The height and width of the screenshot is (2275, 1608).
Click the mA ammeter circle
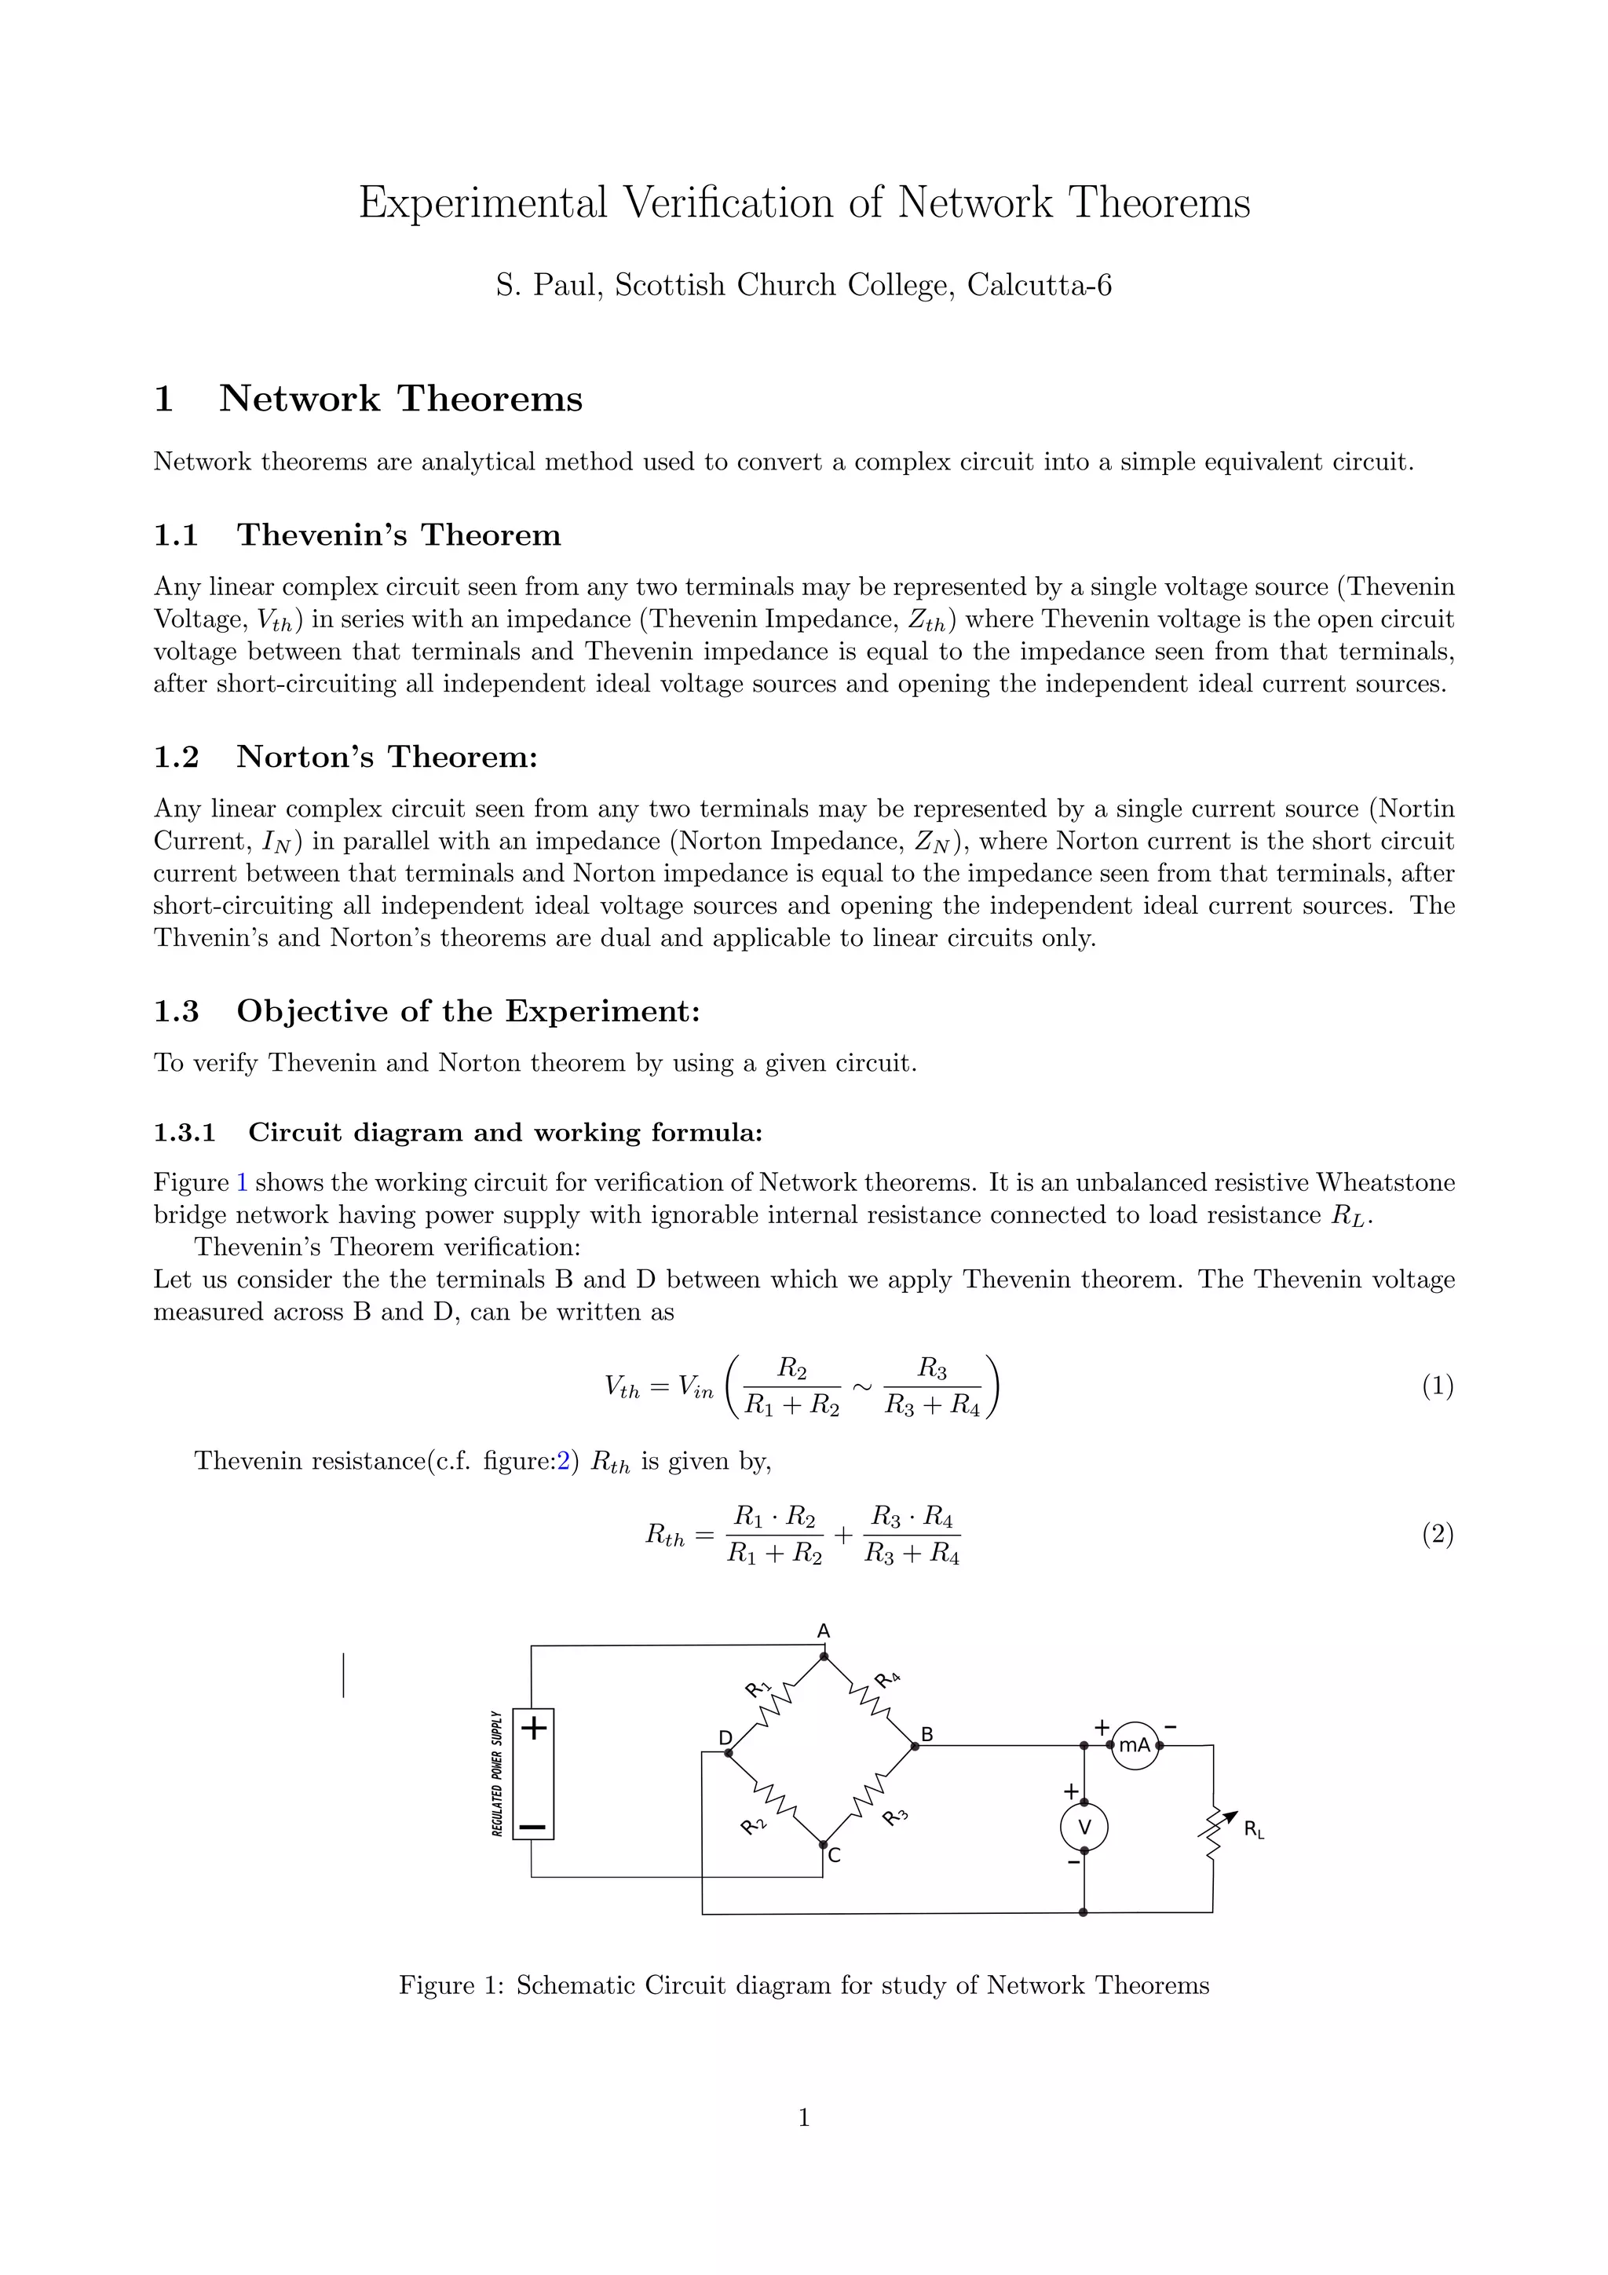[x=1135, y=1745]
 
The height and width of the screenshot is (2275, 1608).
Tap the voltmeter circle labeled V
[x=1084, y=1827]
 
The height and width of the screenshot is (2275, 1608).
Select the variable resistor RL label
[x=1253, y=1829]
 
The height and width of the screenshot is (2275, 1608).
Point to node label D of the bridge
[x=725, y=1738]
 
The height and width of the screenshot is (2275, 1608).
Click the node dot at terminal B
[x=915, y=1746]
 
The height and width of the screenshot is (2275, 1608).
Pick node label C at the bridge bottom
[x=834, y=1855]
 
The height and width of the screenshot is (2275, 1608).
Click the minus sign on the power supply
[x=533, y=1825]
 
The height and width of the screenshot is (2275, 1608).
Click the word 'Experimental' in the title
[x=483, y=203]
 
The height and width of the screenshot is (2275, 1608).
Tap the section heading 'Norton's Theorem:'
[x=386, y=757]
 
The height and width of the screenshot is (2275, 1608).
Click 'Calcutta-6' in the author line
[x=1040, y=286]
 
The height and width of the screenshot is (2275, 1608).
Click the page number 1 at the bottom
[x=803, y=2117]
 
